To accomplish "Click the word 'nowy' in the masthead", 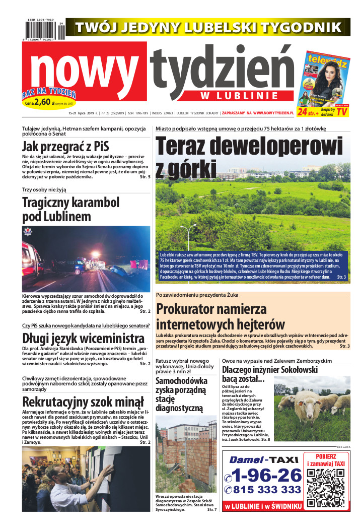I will (x=86, y=71).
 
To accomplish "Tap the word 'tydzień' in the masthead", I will (x=222, y=71).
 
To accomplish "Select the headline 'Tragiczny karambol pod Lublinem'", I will (x=70, y=210).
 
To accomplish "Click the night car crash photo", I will (x=86, y=259).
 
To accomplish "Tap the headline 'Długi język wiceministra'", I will (x=83, y=338).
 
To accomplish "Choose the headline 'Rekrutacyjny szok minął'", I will (x=83, y=402).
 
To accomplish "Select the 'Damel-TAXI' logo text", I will (x=262, y=459).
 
